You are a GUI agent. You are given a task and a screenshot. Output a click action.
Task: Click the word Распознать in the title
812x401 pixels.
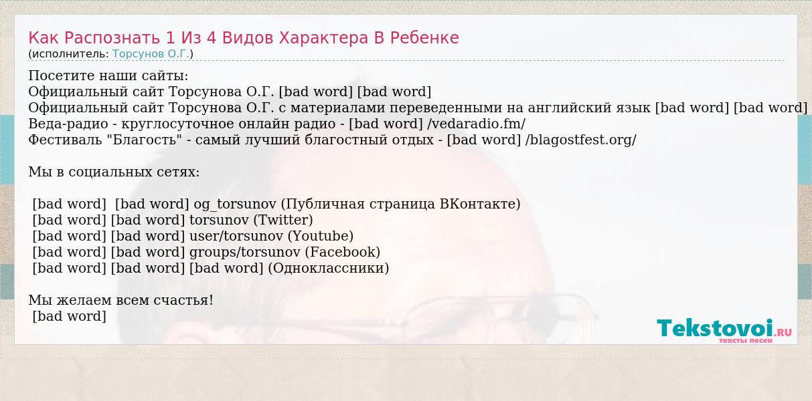click(112, 38)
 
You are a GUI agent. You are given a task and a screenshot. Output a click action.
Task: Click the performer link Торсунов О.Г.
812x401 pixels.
click(151, 54)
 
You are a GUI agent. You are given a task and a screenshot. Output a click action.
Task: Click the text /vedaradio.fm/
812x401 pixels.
click(477, 124)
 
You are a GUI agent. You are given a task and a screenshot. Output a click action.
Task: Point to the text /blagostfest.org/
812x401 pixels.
click(581, 140)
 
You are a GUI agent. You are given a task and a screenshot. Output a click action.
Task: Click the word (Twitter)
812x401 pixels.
click(282, 220)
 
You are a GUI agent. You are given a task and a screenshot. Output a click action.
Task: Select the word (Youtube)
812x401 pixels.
click(321, 236)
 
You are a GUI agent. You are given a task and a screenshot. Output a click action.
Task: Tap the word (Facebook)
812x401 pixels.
click(343, 252)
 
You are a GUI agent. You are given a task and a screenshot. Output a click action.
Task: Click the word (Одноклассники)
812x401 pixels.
click(329, 268)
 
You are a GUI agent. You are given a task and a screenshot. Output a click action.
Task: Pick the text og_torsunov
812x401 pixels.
click(235, 205)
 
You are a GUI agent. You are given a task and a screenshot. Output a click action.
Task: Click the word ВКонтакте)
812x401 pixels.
click(480, 204)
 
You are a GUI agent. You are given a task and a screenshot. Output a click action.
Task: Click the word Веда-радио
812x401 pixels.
click(68, 124)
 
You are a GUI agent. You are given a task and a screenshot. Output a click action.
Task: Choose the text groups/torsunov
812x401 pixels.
click(245, 252)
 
